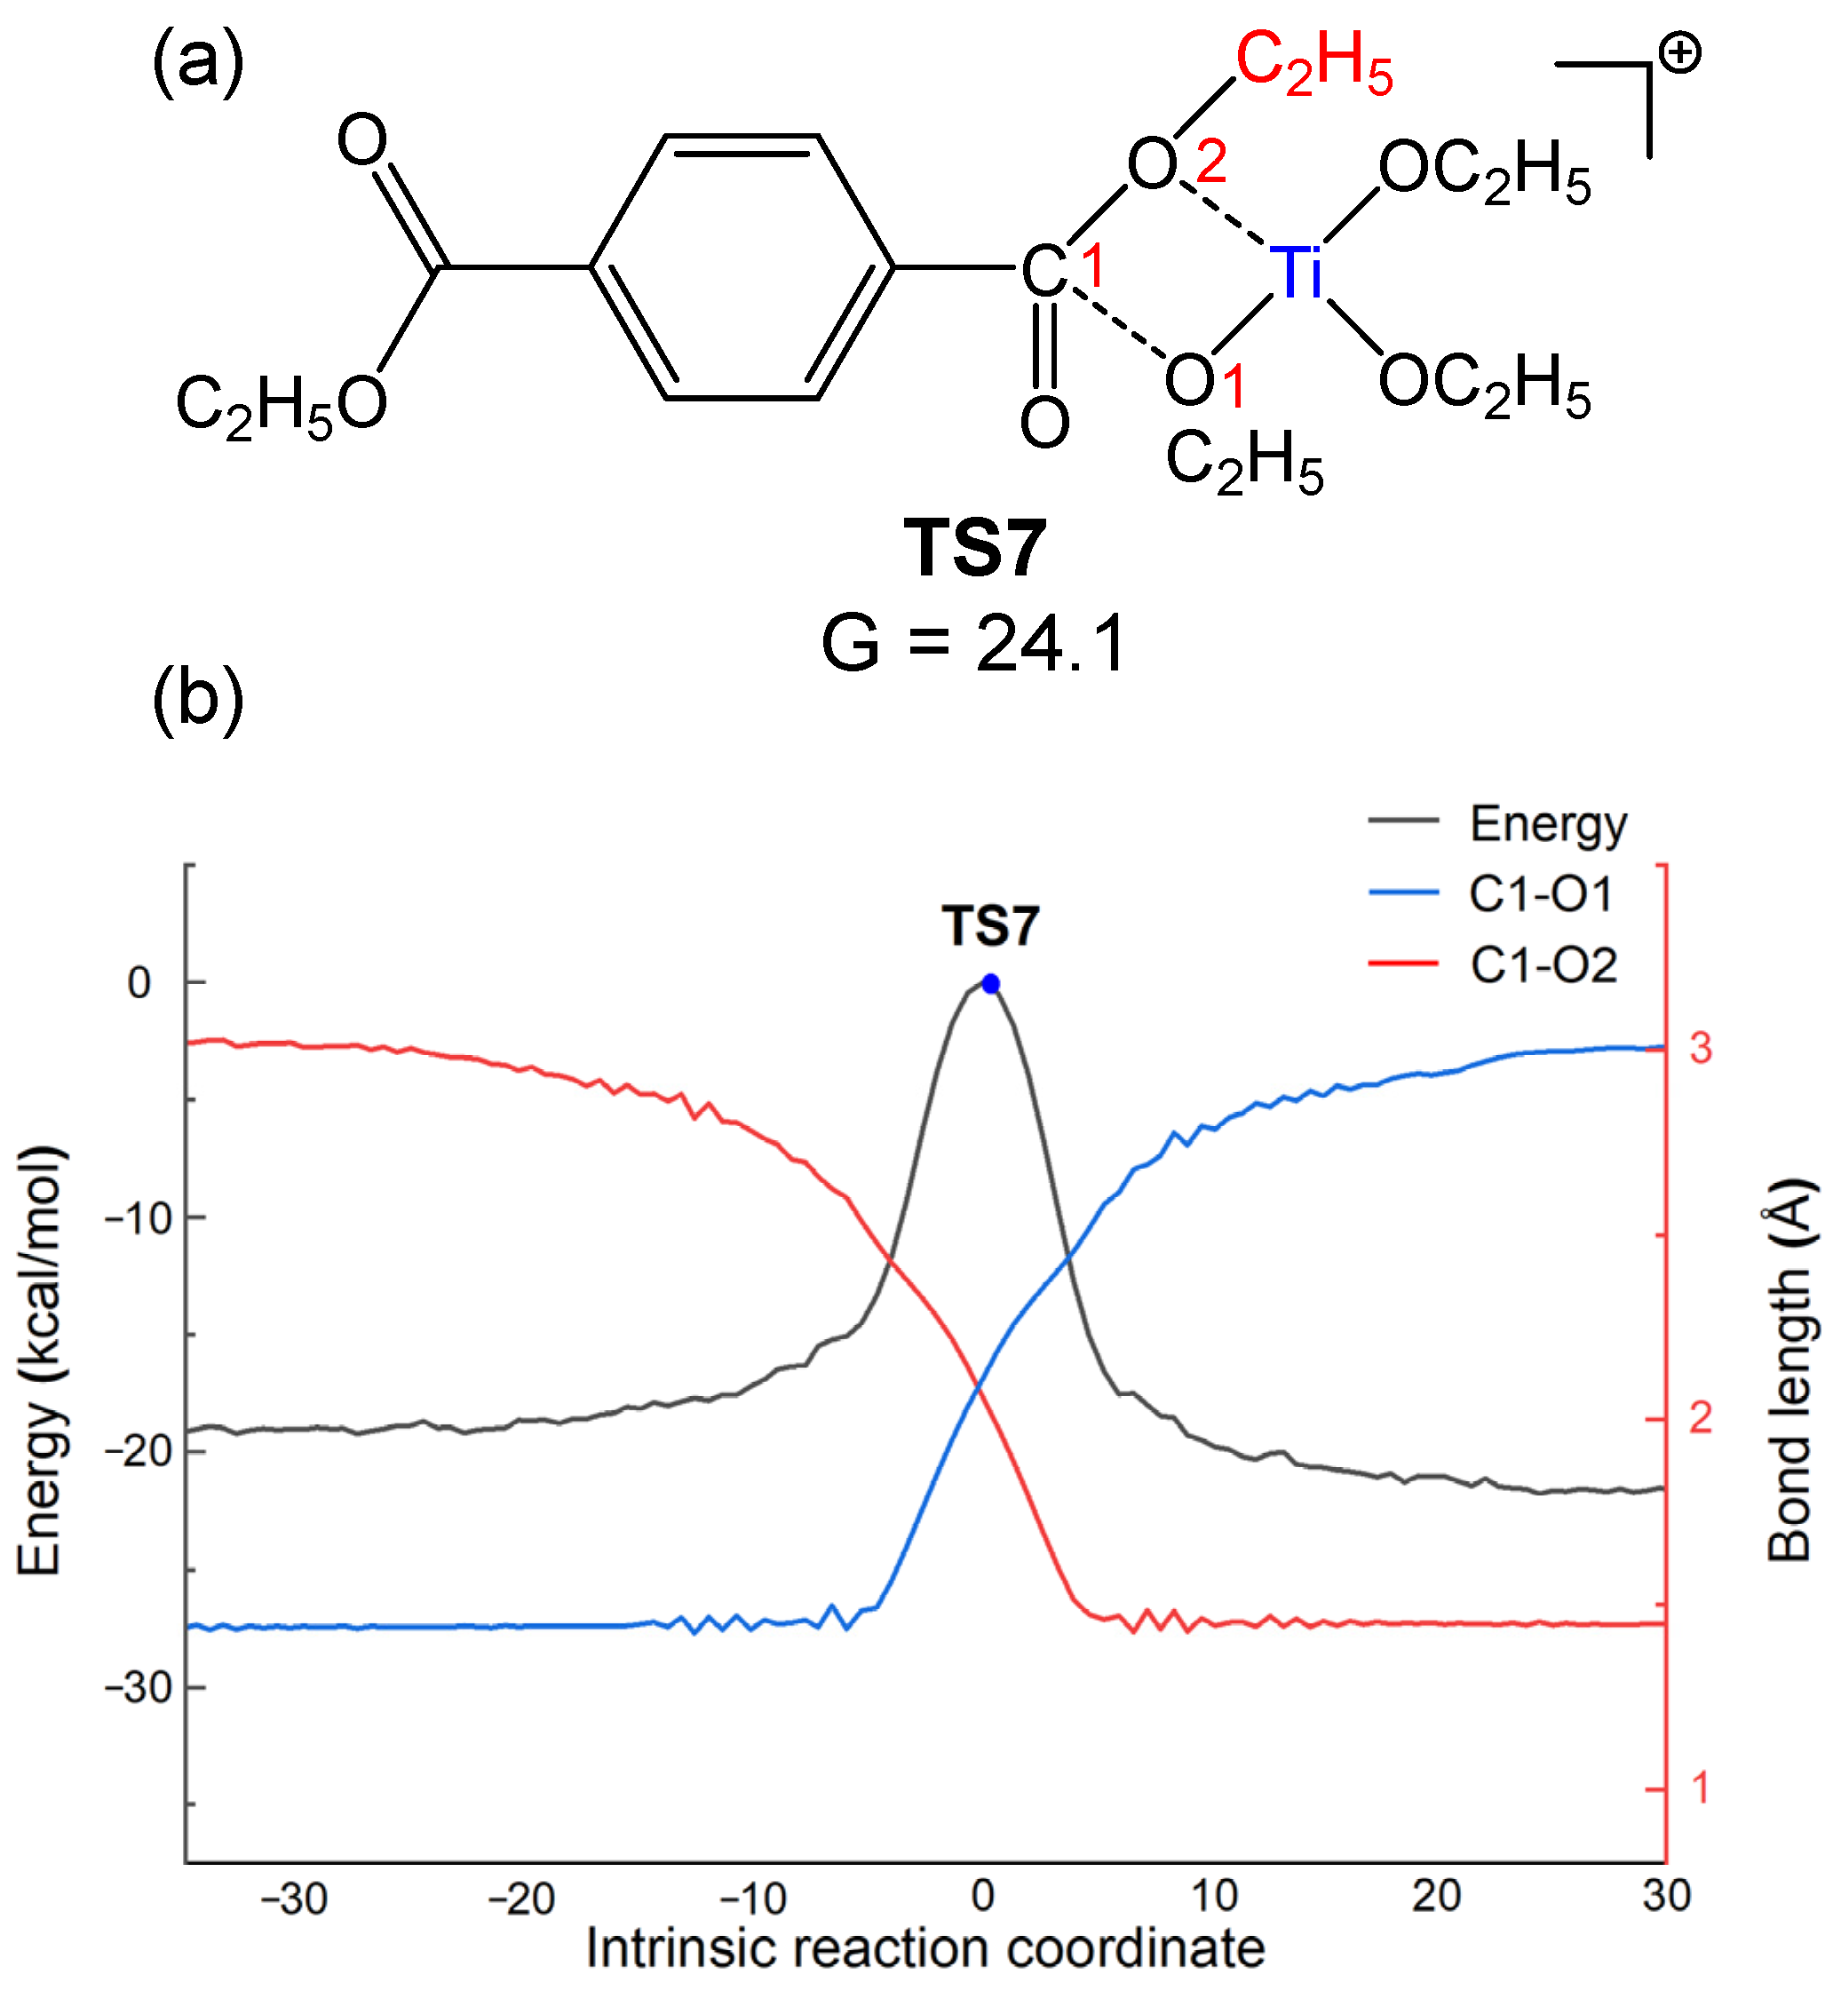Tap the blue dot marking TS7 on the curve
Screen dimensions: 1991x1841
click(990, 984)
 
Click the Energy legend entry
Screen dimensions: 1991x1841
click(1546, 824)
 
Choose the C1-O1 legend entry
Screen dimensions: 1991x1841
click(1539, 893)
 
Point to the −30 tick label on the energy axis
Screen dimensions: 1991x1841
click(139, 1686)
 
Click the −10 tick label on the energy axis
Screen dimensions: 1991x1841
click(139, 1218)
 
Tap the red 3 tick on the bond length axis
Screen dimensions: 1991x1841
click(1701, 1048)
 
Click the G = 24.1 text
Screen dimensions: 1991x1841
click(973, 642)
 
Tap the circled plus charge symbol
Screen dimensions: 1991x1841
click(1680, 52)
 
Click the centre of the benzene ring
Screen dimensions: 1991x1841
click(742, 267)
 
